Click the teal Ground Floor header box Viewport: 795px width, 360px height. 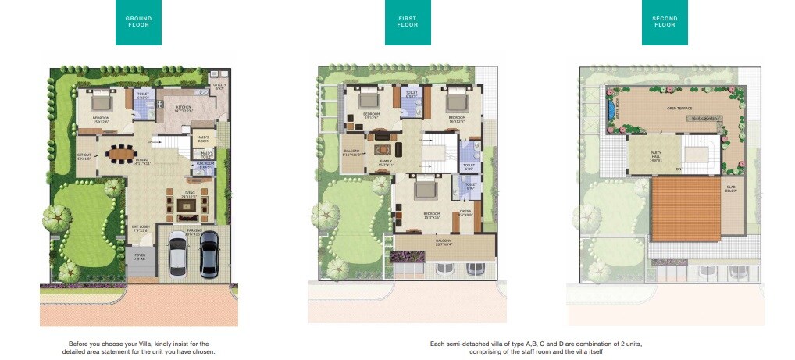pos(138,23)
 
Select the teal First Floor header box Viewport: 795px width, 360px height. pos(408,23)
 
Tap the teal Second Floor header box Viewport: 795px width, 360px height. pos(665,23)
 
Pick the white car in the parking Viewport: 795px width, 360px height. pos(177,254)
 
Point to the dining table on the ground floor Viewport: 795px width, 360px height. pos(121,153)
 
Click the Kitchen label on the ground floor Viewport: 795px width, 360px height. pos(183,109)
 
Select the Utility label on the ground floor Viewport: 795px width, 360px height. pos(219,87)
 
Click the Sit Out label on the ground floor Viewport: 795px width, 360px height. pos(84,156)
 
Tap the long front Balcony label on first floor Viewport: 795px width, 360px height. pos(444,243)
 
